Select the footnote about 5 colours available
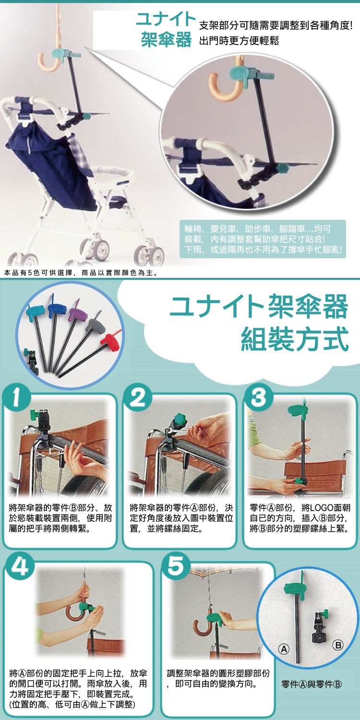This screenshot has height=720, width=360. [80, 273]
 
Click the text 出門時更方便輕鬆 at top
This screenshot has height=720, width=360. [239, 41]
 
